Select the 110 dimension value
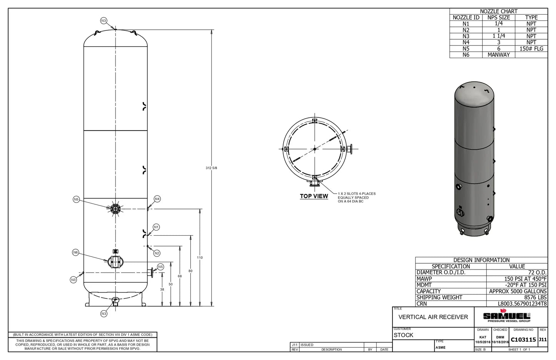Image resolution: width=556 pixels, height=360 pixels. (200, 258)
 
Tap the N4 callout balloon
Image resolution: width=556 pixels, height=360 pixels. (157, 199)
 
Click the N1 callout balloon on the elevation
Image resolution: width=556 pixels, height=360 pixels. (156, 227)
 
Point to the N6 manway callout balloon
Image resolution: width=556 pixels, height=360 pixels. (75, 252)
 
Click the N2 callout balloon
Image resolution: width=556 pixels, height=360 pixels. (157, 253)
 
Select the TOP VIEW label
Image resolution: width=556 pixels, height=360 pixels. (314, 196)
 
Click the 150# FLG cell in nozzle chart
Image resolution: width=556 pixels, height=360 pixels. (531, 49)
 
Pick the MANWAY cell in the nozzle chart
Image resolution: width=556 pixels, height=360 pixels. (498, 55)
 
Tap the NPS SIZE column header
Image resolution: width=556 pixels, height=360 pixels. (498, 17)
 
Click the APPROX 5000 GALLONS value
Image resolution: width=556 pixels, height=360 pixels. (518, 291)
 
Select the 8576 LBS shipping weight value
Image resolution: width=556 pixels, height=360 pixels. (535, 297)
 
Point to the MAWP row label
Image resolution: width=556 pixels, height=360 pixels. (424, 279)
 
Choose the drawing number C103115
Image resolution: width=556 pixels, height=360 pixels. (523, 340)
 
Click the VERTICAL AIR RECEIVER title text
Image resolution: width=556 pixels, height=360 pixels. (433, 317)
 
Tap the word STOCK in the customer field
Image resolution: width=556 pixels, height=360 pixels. (403, 335)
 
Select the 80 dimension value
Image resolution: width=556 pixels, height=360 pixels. (190, 271)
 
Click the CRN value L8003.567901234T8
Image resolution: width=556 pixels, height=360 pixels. (522, 303)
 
